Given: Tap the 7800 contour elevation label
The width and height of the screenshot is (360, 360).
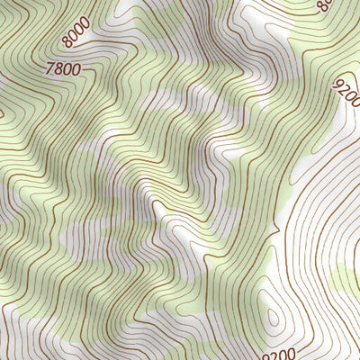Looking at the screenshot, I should (x=61, y=67).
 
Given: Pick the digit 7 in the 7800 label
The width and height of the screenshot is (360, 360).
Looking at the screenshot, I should (x=48, y=67).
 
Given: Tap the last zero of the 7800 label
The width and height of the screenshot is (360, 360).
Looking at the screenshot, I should (x=76, y=67).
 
